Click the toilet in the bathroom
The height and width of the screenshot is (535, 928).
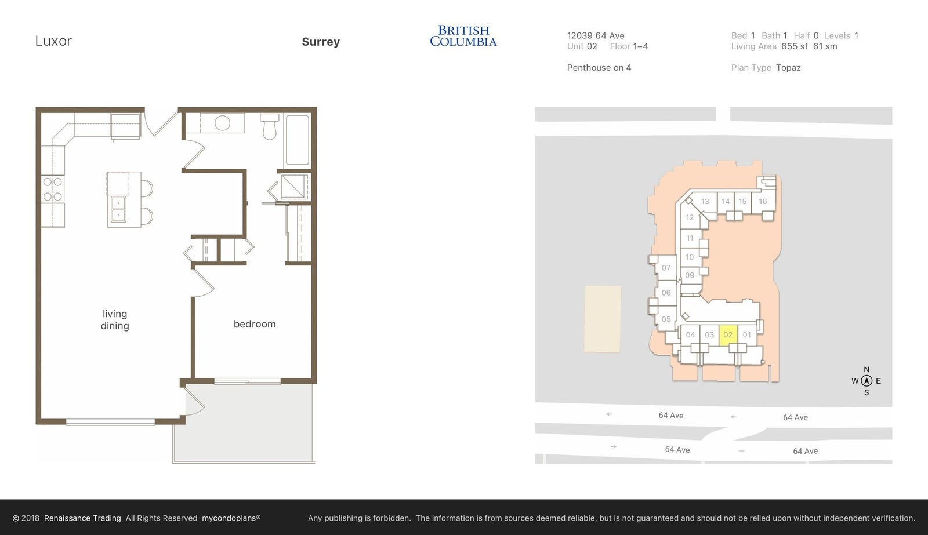(269, 126)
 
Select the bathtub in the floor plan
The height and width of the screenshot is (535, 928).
(298, 140)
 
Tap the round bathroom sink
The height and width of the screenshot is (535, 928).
(223, 123)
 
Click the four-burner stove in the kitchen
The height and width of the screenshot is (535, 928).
(53, 189)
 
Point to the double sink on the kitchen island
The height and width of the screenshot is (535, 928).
(118, 209)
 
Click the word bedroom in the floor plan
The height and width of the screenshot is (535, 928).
(255, 324)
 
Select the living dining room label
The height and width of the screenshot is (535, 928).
(115, 320)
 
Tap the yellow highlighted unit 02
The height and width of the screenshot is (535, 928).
(728, 335)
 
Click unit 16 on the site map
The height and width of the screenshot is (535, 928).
(763, 201)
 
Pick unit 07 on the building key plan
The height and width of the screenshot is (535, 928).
(666, 268)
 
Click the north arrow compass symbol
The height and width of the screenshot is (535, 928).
(867, 381)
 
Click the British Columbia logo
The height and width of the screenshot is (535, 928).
(463, 36)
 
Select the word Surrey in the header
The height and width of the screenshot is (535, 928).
(321, 42)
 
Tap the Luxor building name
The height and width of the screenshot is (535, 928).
(53, 41)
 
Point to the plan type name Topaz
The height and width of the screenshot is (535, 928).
(788, 67)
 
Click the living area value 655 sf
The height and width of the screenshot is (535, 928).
(795, 46)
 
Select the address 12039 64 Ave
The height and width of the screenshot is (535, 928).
(595, 35)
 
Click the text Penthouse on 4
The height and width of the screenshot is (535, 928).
(599, 67)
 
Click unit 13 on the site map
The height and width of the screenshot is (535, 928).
(705, 201)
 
